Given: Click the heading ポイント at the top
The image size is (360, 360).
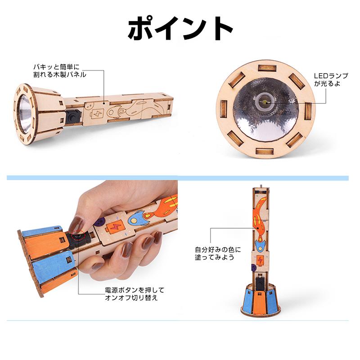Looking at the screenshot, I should pyautogui.click(x=180, y=28).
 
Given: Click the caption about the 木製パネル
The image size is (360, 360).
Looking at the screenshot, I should pyautogui.click(x=59, y=70).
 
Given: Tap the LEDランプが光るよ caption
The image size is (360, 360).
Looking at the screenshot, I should pyautogui.click(x=330, y=80).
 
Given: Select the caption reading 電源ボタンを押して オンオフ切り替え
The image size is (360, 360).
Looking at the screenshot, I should pyautogui.click(x=131, y=294).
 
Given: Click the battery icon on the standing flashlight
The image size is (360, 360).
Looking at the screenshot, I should pyautogui.click(x=260, y=260).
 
